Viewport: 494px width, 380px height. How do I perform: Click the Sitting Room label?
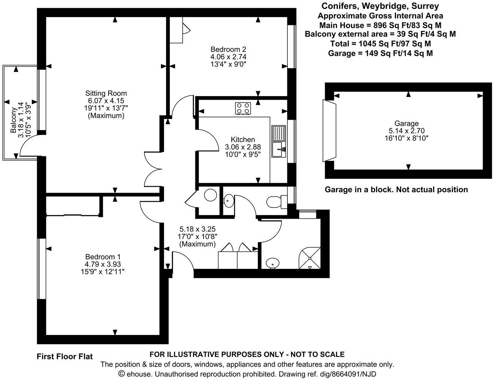[106, 94]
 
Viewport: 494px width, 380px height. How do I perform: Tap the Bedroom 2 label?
[228, 49]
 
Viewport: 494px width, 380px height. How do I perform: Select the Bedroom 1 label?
[103, 257]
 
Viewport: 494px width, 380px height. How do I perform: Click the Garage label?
[406, 123]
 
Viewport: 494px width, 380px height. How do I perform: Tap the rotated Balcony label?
[13, 120]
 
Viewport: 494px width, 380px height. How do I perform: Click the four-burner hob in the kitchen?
[243, 108]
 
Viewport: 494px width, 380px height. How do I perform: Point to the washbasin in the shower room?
[273, 263]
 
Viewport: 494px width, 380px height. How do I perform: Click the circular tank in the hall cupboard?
[210, 195]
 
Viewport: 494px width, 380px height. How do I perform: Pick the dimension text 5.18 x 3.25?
[198, 229]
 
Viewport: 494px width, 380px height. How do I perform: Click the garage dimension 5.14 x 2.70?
[406, 131]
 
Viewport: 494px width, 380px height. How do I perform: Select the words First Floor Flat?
[64, 357]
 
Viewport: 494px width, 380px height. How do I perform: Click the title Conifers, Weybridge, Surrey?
[380, 6]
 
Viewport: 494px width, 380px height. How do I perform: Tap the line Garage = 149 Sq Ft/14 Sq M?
[380, 53]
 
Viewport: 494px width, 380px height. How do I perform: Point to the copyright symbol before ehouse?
[121, 374]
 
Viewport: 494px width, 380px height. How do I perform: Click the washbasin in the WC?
[228, 201]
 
